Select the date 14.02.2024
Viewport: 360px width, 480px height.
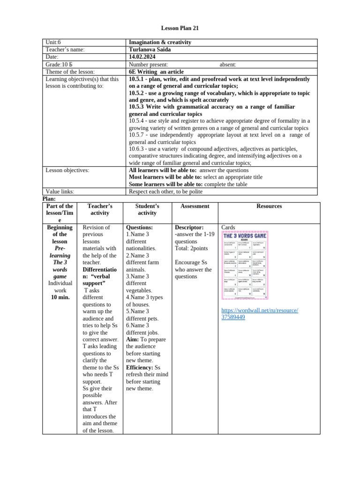pos(142,57)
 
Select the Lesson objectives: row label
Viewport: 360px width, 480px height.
pos(67,170)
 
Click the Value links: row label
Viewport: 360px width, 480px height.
pos(60,191)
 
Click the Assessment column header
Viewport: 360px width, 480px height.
pos(195,206)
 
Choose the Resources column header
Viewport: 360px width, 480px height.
pos(269,206)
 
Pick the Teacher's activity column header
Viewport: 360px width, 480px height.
pos(100,210)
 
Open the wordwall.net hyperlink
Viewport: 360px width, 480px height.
pos(259,314)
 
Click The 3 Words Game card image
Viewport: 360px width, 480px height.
pos(245,265)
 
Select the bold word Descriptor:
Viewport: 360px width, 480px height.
pos(189,227)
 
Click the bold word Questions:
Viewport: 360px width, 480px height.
pos(140,227)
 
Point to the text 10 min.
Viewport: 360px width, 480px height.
pos(60,297)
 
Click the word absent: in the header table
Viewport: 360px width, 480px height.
pos(228,64)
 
